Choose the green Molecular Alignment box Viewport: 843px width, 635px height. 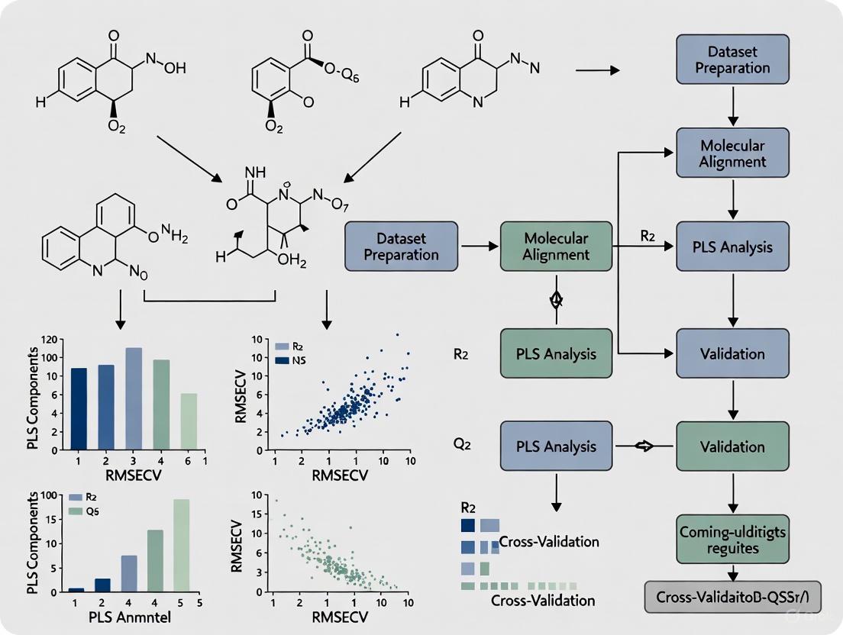pyautogui.click(x=556, y=247)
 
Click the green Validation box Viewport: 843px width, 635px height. pyautogui.click(x=732, y=446)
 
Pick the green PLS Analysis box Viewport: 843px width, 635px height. pyautogui.click(x=556, y=353)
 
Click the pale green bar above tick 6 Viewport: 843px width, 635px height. pyautogui.click(x=189, y=421)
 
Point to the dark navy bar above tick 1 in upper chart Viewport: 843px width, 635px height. pyautogui.click(x=79, y=409)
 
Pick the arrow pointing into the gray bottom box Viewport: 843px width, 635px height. pyautogui.click(x=732, y=572)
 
